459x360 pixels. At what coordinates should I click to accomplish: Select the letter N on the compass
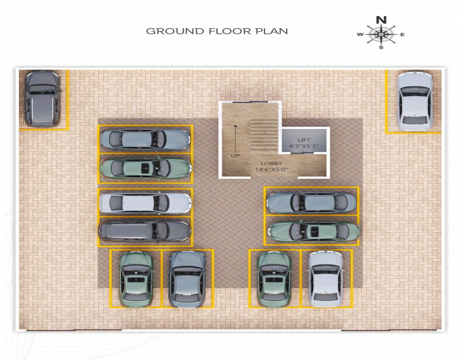coord(381,20)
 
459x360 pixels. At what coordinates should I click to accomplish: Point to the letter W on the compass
coord(360,35)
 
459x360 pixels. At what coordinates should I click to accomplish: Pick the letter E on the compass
coord(403,35)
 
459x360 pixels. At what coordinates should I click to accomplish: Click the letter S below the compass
coord(381,47)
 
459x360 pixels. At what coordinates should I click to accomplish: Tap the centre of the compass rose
coord(381,35)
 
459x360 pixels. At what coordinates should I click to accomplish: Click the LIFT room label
coord(304,140)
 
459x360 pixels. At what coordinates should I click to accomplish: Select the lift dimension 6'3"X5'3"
coord(304,146)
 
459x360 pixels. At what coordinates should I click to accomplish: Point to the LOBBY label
coord(272,164)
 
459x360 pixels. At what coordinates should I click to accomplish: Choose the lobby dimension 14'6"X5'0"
coord(272,169)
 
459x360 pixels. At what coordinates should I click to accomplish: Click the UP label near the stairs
coord(235,156)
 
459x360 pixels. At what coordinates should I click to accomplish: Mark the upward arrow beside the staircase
coord(235,137)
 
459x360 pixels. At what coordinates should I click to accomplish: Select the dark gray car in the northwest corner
coord(42,98)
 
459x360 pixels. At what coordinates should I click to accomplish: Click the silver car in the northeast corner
coord(415,101)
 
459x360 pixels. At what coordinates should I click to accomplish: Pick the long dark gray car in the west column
coord(145,230)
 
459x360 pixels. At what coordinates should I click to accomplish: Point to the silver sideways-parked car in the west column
coord(145,203)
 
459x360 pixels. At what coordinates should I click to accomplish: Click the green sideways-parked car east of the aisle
coord(314,232)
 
